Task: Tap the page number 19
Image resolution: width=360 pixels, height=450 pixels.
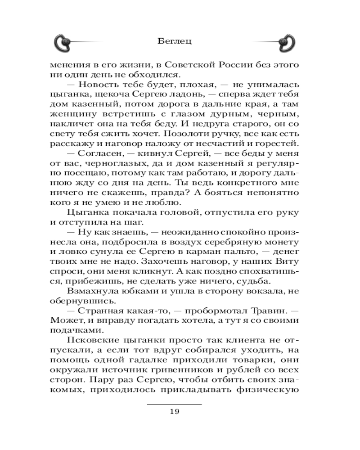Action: [x=175, y=412]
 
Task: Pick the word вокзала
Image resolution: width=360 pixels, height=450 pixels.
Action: [x=265, y=291]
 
